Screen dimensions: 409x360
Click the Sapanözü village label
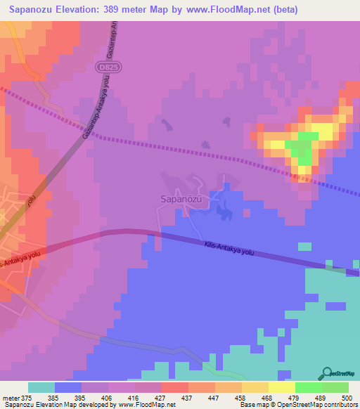click(x=179, y=199)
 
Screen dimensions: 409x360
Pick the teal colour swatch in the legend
click(x=41, y=387)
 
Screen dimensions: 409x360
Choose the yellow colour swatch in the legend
click(x=282, y=387)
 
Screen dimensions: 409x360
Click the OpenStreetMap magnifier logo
click(x=326, y=373)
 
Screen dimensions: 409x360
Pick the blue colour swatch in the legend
click(x=67, y=387)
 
